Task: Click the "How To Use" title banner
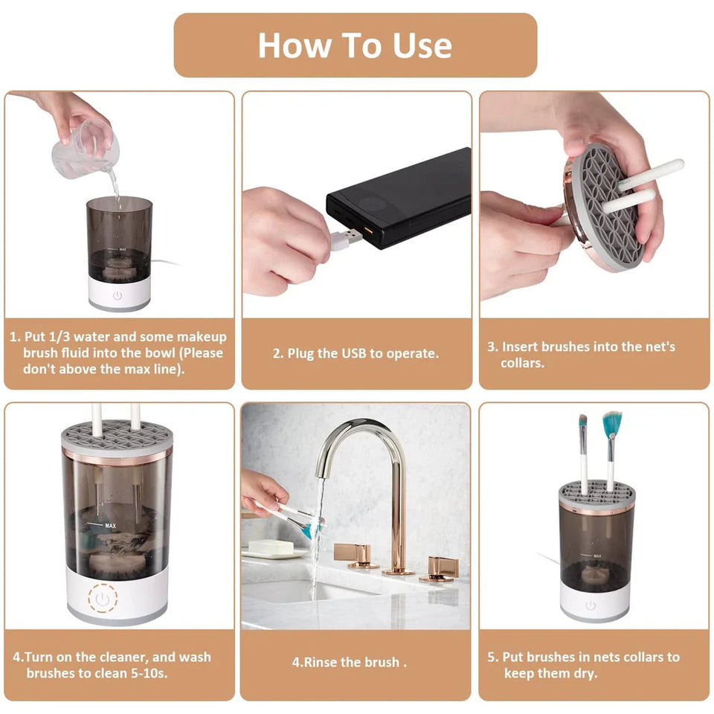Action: click(355, 45)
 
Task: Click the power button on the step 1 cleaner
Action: click(118, 295)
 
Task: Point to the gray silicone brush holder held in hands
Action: click(603, 205)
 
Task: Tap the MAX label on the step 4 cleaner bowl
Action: click(111, 526)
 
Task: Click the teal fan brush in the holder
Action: click(612, 425)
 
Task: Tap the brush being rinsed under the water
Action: click(297, 519)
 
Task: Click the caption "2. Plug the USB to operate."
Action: click(356, 354)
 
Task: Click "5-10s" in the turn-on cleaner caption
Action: click(148, 672)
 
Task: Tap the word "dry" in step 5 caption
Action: click(585, 674)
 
